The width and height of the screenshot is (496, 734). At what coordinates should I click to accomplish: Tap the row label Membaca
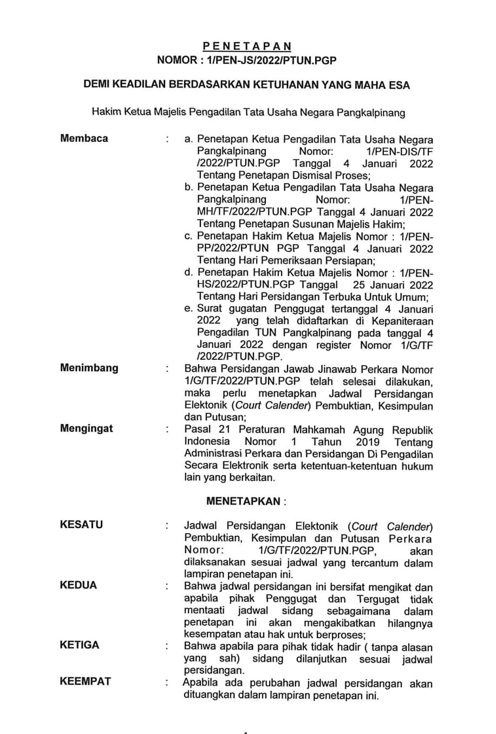click(84, 138)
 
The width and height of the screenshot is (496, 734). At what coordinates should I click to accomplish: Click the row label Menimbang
click(89, 368)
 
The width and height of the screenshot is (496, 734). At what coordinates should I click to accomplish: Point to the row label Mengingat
click(87, 428)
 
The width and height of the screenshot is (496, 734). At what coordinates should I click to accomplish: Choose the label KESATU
click(81, 524)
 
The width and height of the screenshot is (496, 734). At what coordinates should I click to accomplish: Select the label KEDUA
click(79, 585)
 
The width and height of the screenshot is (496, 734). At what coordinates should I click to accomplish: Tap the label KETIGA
click(80, 645)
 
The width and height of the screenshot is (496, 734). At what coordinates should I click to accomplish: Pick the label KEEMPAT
click(85, 681)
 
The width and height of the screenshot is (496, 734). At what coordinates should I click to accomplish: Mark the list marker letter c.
click(188, 236)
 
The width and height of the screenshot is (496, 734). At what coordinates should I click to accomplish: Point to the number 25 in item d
click(360, 285)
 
